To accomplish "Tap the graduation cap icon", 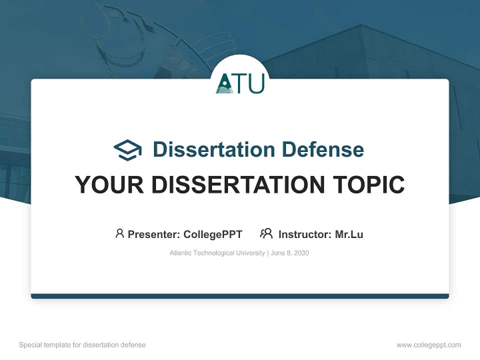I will click(x=127, y=150).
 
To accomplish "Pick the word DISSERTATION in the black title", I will click(x=239, y=184).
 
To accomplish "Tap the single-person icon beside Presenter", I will click(x=119, y=233).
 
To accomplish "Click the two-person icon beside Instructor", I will click(x=266, y=233).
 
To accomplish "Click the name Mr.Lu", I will click(x=349, y=234).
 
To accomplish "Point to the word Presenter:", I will click(x=154, y=234).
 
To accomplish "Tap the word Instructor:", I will click(x=305, y=234).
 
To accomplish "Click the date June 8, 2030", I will click(x=290, y=253).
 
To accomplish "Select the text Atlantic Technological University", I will click(x=217, y=253).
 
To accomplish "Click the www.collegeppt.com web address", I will click(x=428, y=345).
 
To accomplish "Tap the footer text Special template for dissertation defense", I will click(x=82, y=345).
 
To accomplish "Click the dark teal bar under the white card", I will click(x=240, y=296).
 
